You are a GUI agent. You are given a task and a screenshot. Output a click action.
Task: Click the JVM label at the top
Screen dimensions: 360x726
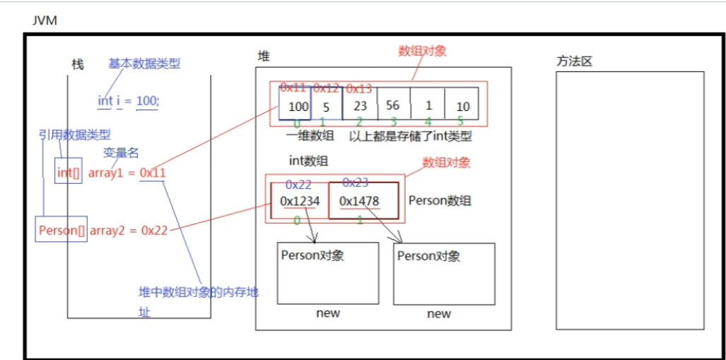pos(45,21)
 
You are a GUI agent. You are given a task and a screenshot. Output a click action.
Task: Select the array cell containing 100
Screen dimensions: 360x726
pos(295,106)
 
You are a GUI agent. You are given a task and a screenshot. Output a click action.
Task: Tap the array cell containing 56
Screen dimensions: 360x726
pos(393,105)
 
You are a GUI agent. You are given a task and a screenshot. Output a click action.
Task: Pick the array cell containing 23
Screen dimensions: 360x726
pos(360,106)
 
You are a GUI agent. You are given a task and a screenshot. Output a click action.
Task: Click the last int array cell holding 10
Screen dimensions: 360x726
pos(462,106)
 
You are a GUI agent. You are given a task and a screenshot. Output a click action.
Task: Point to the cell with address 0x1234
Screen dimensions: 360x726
pos(300,201)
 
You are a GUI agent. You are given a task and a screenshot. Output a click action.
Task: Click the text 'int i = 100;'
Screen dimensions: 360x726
pos(129,101)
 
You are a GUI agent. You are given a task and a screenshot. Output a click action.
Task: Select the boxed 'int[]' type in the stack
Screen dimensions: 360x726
pos(69,172)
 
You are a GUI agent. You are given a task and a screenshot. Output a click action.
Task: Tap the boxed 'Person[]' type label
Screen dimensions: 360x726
pos(62,230)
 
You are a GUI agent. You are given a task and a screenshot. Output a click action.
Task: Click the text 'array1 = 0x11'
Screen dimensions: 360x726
pos(127,172)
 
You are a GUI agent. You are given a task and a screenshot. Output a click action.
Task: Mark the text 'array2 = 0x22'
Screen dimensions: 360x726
pos(128,230)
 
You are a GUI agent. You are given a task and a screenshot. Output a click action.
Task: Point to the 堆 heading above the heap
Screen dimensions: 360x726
pos(263,57)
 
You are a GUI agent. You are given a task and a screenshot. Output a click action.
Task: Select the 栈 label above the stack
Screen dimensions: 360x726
pos(78,64)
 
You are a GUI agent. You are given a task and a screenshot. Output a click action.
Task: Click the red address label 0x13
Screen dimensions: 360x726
pos(358,88)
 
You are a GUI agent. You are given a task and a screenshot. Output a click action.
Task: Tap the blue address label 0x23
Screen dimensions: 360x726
pos(355,182)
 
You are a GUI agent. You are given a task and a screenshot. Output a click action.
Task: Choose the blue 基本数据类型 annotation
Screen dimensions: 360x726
pos(144,64)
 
